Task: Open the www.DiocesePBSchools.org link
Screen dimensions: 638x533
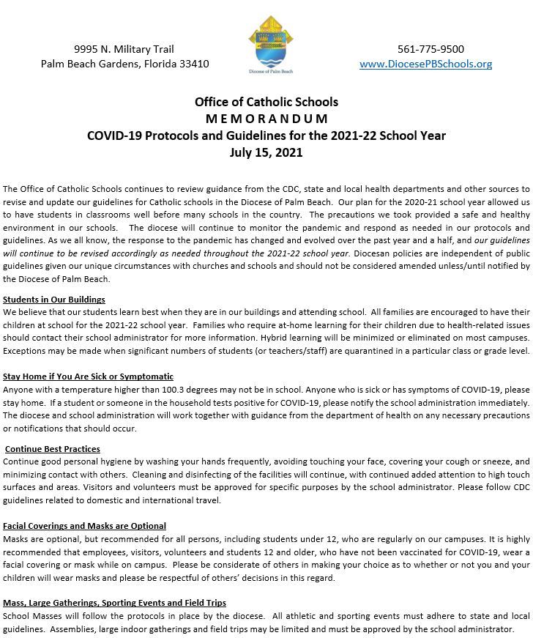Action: click(425, 64)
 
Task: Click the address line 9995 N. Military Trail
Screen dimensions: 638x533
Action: click(124, 49)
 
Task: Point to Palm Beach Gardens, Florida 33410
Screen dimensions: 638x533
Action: click(125, 64)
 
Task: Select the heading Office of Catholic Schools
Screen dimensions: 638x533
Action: click(266, 102)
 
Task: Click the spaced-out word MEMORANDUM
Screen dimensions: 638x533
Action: click(266, 119)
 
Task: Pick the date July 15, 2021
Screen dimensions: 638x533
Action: click(266, 152)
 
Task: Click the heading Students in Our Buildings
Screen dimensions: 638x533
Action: click(54, 300)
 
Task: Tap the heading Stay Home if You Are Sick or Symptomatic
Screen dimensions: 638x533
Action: click(88, 377)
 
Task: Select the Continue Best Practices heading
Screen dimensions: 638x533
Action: click(53, 449)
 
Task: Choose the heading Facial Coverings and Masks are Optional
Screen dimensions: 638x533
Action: click(84, 526)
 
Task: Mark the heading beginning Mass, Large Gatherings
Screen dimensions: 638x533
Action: click(114, 603)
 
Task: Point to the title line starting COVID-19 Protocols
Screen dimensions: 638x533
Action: click(266, 136)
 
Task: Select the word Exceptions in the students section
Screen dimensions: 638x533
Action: click(26, 351)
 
